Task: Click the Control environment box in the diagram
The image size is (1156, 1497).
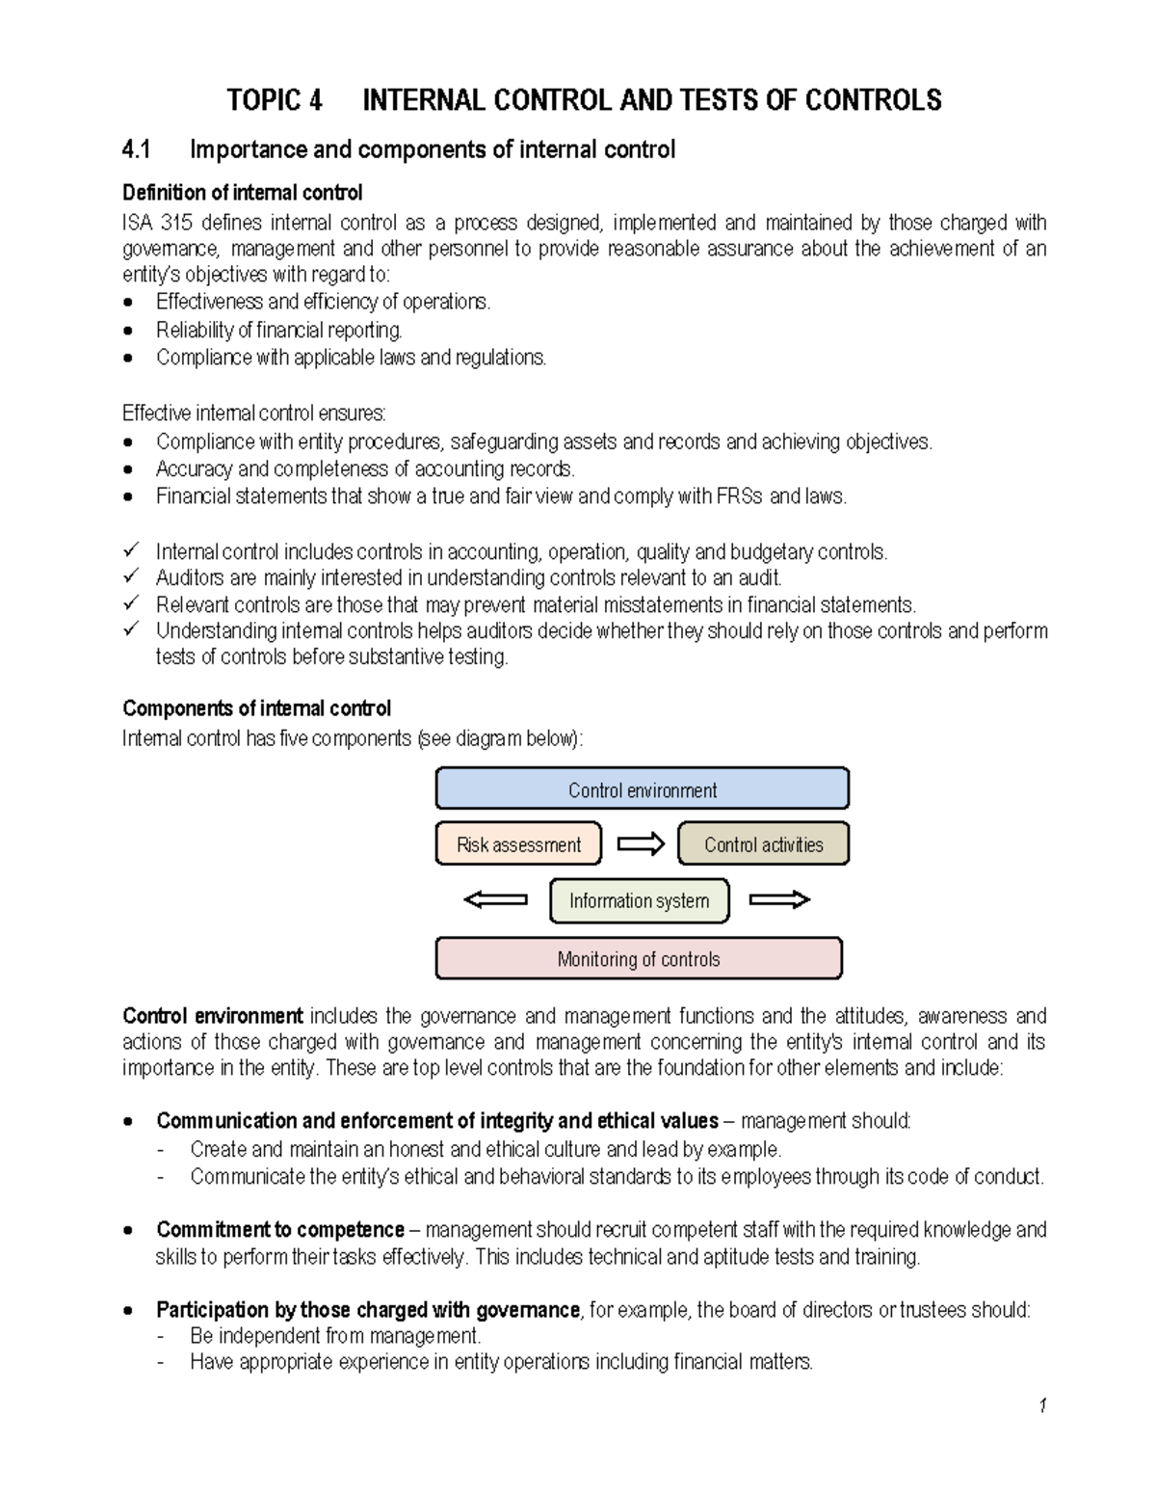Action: [642, 789]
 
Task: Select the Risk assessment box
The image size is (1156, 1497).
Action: [518, 843]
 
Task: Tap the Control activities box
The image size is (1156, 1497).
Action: [763, 843]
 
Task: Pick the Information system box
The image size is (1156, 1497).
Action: [639, 900]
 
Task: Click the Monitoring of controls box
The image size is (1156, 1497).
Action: [639, 958]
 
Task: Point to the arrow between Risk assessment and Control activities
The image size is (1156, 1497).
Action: [641, 844]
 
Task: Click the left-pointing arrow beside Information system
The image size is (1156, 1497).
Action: [495, 899]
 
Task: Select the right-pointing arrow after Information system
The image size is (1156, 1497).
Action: [779, 899]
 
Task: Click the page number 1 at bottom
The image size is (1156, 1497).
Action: [1042, 1405]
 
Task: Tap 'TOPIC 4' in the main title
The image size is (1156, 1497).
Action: [275, 100]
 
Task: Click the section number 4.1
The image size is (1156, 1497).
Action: [137, 149]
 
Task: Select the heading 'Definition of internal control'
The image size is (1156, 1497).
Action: [242, 193]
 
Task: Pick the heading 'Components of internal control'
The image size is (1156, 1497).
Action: [256, 708]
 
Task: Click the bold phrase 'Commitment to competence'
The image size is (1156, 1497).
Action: [280, 1230]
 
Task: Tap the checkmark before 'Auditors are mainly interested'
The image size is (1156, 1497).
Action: [131, 576]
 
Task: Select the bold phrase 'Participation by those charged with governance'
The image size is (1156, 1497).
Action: [368, 1310]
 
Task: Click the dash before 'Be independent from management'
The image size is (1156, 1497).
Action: [161, 1336]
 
